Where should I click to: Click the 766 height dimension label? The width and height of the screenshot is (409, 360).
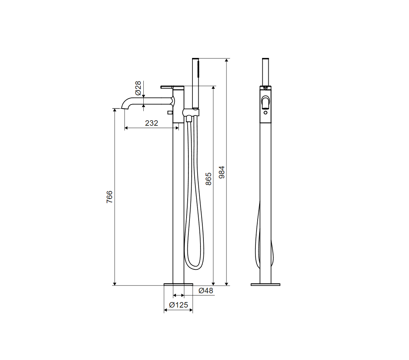click(x=110, y=197)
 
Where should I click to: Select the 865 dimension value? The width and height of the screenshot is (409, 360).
click(x=209, y=179)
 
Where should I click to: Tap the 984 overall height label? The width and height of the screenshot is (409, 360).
click(x=221, y=172)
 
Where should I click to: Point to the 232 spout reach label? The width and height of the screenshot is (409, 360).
click(x=152, y=123)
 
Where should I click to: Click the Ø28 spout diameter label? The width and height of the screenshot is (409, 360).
click(x=138, y=88)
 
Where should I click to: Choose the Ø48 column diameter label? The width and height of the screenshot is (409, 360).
click(x=206, y=291)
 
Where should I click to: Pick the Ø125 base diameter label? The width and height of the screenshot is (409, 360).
click(x=178, y=305)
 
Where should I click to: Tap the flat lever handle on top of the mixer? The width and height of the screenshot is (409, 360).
click(x=172, y=87)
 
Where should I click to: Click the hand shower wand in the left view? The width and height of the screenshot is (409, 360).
click(x=196, y=83)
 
